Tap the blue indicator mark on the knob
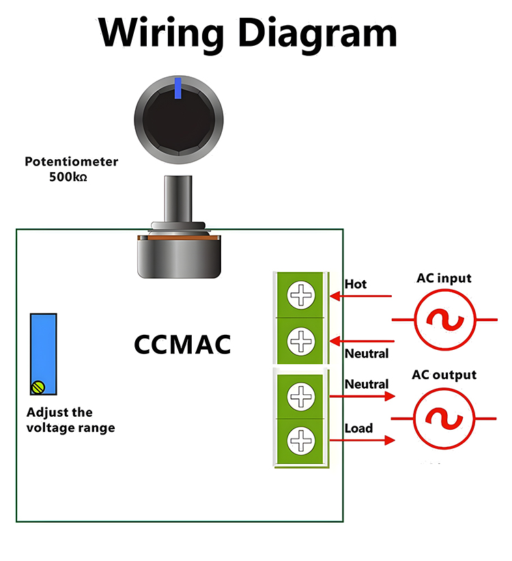(x=177, y=87)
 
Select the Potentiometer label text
(x=71, y=162)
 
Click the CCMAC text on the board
(x=182, y=344)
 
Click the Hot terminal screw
(x=300, y=297)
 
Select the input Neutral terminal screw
(x=300, y=340)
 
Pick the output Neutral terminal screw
(x=300, y=396)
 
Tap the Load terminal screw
(x=300, y=439)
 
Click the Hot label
(x=356, y=284)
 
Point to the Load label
(x=358, y=428)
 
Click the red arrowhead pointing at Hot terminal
(x=335, y=297)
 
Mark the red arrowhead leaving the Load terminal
(x=390, y=441)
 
